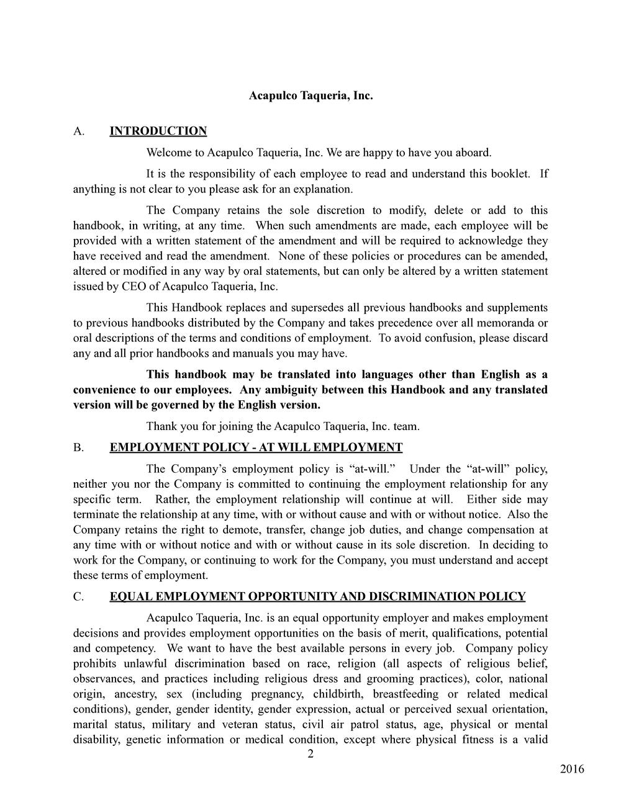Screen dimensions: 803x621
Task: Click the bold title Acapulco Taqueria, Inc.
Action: tap(310, 96)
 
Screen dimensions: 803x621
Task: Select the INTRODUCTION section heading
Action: tap(158, 131)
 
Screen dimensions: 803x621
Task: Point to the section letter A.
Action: tap(78, 131)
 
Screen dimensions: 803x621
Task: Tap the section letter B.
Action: tap(78, 447)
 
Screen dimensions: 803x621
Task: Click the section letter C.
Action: tap(78, 597)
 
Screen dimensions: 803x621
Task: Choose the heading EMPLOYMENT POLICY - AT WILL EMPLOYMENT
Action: tap(256, 447)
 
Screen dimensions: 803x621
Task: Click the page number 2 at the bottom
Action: tap(310, 755)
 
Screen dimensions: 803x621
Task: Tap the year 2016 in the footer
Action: tap(571, 769)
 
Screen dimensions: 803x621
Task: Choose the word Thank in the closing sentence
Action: tap(161, 426)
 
